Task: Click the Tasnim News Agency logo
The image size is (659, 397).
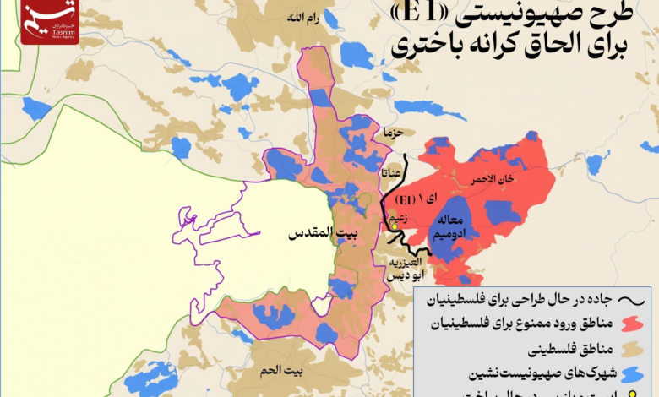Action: (x=50, y=21)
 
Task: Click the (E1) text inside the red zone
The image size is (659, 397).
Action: (x=406, y=199)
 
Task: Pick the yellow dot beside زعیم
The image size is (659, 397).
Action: (x=394, y=226)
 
